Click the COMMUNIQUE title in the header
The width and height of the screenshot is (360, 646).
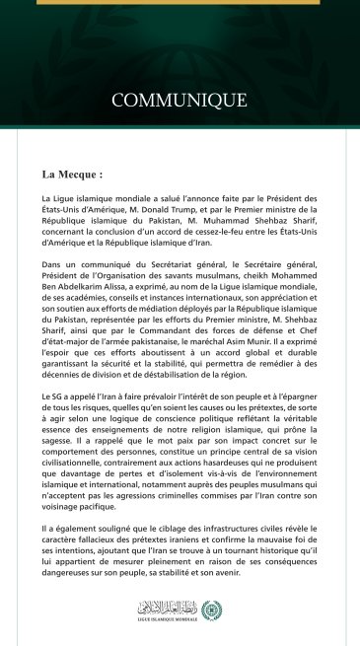coord(179,100)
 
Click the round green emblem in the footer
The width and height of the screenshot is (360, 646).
coord(206,610)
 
